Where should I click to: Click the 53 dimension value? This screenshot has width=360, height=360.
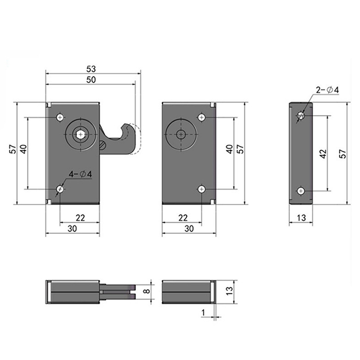(x=91, y=69)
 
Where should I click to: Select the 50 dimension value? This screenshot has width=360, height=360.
(x=91, y=80)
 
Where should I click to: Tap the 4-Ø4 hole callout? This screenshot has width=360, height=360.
(x=81, y=174)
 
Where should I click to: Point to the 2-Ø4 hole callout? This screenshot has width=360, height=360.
(x=327, y=90)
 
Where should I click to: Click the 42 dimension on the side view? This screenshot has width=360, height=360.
(x=323, y=154)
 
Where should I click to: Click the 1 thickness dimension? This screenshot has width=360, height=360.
(x=203, y=312)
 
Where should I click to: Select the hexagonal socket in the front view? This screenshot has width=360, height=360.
(x=80, y=134)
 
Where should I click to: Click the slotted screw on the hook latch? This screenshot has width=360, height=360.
(x=103, y=145)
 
